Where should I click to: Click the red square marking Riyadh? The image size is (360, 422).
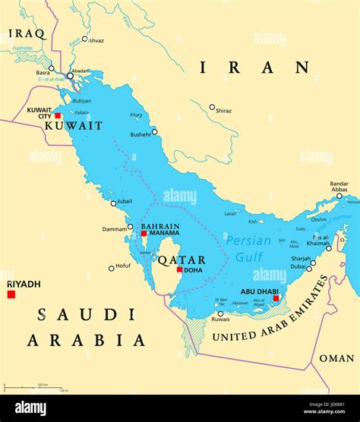point(11,294)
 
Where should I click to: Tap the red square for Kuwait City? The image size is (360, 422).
point(57,116)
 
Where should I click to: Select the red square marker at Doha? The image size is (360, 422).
point(179,269)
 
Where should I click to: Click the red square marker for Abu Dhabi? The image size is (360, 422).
point(276,298)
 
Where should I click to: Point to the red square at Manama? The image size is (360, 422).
point(144,234)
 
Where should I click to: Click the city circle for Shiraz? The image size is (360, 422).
point(212,107)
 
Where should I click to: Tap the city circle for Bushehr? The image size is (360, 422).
point(155,131)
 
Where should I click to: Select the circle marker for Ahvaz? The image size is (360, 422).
point(85,39)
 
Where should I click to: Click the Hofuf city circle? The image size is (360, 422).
point(111,268)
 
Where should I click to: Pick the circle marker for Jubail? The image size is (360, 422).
point(114,203)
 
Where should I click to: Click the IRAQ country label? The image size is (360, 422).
point(27,33)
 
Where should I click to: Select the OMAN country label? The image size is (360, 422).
point(336,358)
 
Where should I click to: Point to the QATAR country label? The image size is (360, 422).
point(181,260)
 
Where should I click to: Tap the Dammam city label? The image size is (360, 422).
point(115,228)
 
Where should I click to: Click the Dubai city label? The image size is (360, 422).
point(298,266)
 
